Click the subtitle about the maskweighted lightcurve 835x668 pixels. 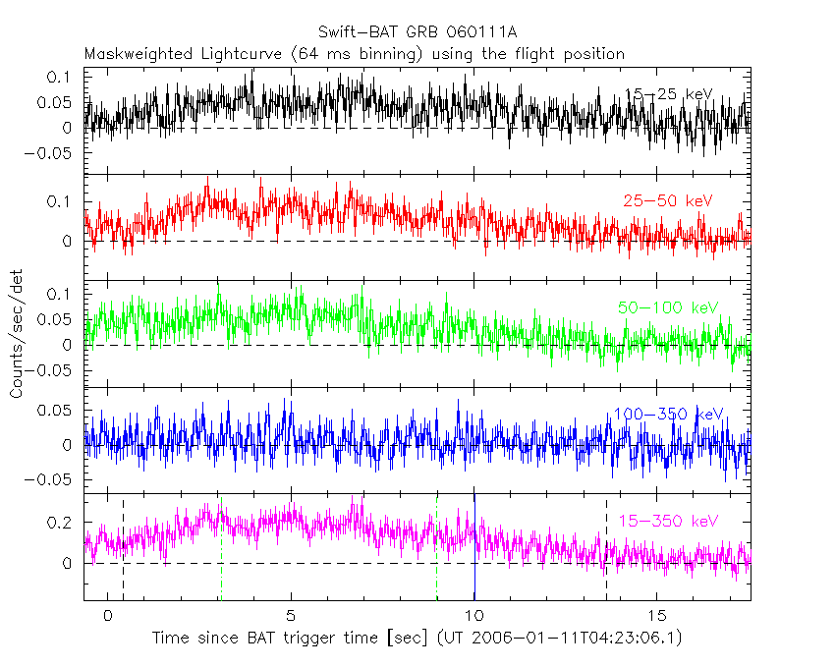click(355, 54)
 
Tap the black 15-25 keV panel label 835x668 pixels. click(669, 95)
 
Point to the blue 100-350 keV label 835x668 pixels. click(668, 414)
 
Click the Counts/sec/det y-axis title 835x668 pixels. click(16, 334)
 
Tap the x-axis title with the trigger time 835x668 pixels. click(417, 639)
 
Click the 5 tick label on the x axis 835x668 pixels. click(291, 615)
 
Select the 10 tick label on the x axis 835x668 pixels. click(474, 615)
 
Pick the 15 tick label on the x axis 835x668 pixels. click(658, 615)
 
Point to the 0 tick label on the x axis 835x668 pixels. click(107, 615)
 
